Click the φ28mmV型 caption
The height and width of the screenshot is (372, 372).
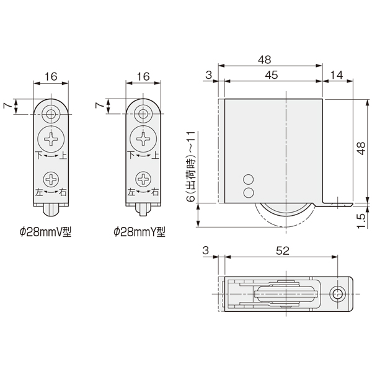point(45,232)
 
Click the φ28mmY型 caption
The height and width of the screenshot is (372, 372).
point(139,232)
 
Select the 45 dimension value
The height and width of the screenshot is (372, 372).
point(272,75)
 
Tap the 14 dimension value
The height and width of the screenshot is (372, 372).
point(337,75)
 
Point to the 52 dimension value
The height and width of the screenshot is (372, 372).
point(283,250)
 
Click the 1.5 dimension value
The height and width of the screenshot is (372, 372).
point(361,221)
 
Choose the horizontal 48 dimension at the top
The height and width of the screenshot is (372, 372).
point(265,60)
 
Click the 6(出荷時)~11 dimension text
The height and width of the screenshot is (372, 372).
point(191,166)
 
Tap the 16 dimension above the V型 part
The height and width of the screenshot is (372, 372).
point(51,77)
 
